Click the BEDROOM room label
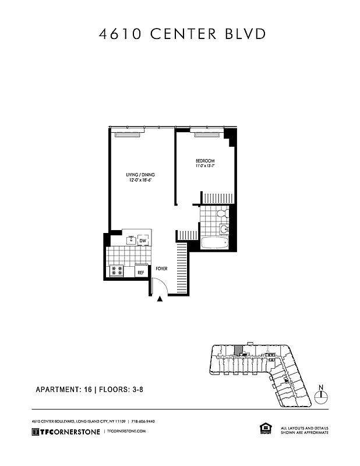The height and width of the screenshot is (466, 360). pos(205,161)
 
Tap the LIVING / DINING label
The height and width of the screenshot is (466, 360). pos(140,175)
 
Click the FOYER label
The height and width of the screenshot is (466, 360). pos(161,269)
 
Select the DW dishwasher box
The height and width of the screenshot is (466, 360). pos(142,242)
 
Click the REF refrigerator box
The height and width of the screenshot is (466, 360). pos(140,271)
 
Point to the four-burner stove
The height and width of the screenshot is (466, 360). pos(117,271)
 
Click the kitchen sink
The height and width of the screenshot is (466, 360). pos(131,239)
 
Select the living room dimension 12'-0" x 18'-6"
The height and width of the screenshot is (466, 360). pos(140,181)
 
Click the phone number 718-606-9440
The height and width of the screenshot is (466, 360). pos(143,421)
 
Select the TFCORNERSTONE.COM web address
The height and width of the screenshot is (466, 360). pos(125,431)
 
